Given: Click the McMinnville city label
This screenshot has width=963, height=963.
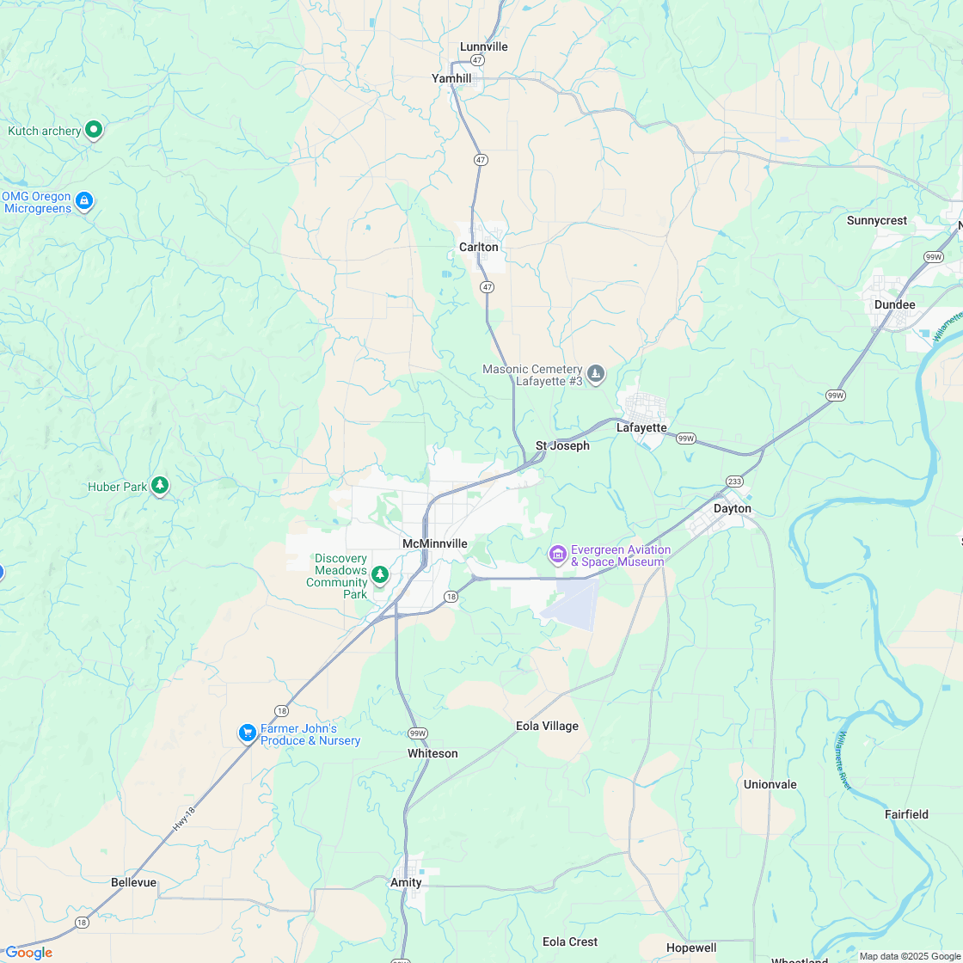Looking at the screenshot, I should point(435,544).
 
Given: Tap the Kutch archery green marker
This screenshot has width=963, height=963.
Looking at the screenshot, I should point(95,131).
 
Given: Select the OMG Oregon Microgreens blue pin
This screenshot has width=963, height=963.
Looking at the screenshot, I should point(84,201).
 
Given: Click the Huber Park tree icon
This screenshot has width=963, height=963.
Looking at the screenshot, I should point(160,486).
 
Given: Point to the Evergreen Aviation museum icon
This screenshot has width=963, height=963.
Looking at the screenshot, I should point(558,555).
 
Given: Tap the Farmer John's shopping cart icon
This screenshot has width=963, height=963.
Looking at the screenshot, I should point(248,733).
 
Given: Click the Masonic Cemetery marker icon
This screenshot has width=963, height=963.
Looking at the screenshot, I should point(596,374).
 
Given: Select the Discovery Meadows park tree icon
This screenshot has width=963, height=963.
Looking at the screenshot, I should point(379,574).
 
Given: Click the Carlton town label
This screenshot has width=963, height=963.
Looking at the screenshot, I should point(479,248).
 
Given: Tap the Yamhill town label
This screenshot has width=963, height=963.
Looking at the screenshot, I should point(451,78).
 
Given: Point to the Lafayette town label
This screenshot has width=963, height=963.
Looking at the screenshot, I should point(641,427).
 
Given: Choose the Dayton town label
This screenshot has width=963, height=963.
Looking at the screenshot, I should point(733,509).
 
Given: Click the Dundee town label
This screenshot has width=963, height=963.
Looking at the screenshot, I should point(895,305).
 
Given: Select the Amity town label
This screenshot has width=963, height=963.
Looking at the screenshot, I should point(406,883).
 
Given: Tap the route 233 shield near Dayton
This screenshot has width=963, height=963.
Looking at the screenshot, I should point(733,481).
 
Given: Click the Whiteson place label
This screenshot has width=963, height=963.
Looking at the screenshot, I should point(432,754).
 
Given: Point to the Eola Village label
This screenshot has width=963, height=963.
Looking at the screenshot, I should point(547,727).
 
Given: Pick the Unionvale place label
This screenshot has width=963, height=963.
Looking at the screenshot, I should point(770,785).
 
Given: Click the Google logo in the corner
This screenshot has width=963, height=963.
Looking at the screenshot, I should point(28,952).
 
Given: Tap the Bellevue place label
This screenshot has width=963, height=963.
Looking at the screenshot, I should point(134,883).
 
